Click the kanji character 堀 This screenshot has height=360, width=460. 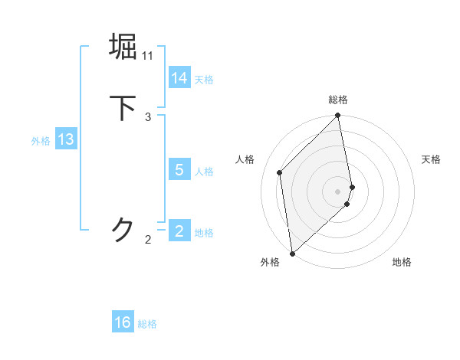(123, 47)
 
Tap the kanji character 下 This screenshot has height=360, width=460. (123, 108)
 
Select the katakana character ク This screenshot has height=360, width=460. (123, 230)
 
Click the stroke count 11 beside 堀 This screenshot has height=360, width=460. (148, 56)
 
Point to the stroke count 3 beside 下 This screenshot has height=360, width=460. (148, 117)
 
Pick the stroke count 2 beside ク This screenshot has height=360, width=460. (148, 240)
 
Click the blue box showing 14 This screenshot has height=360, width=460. (179, 78)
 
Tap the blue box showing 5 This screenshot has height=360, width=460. (179, 170)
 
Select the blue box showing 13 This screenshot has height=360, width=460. (66, 139)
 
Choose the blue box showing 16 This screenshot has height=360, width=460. (123, 322)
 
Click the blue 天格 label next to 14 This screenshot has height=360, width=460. (204, 79)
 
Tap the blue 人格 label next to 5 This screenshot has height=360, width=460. (204, 171)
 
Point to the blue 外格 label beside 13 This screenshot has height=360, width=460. (41, 140)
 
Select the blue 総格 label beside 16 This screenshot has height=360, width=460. (147, 323)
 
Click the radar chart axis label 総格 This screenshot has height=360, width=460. (338, 100)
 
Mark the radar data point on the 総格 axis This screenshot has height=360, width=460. (338, 116)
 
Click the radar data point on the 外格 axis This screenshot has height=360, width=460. (292, 253)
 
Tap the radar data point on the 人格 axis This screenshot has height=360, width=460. (280, 172)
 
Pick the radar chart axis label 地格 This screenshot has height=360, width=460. (402, 262)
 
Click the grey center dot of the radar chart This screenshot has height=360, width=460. (338, 191)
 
